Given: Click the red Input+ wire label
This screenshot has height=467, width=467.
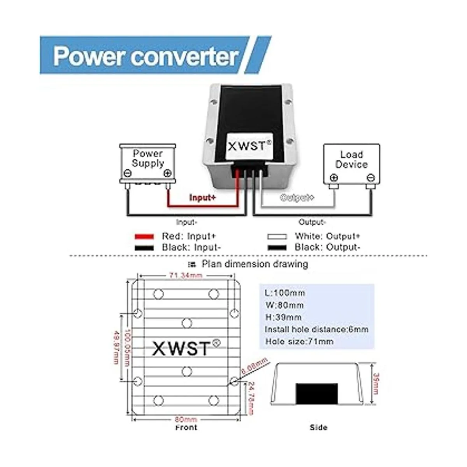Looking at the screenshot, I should coord(202,197).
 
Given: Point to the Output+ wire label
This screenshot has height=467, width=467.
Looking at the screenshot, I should coord(297,198).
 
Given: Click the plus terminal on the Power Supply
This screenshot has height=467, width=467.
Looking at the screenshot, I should coord(167,174).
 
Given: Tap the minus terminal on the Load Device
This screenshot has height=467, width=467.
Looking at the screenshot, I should coord(370,178).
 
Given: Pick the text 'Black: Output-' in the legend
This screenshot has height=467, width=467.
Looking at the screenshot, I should coord(327,247).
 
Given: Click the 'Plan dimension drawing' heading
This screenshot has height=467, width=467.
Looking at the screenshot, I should coord(255,264).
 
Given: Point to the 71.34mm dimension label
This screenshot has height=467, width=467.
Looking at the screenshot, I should coord(186,276).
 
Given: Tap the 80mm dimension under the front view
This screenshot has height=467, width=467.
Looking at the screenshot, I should coord(186,420).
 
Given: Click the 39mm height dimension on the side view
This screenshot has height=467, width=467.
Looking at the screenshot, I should coord(376,383).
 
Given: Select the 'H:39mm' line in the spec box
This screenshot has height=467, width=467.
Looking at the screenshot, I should coord(283,317).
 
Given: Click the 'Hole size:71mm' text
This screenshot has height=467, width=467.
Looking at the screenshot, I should coord(299,342).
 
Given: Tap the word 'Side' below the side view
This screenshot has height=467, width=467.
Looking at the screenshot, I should coord(318,427).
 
